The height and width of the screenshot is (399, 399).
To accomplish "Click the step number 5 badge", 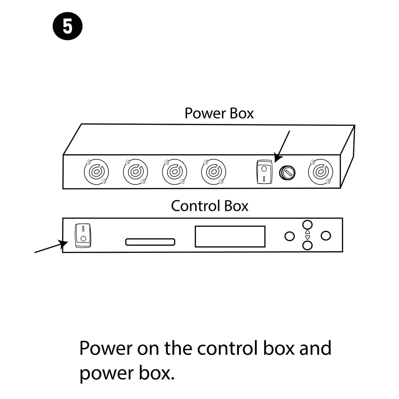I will (68, 26).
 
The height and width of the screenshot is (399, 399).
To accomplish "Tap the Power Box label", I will (219, 113).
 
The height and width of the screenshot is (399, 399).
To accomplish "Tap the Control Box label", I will (209, 206).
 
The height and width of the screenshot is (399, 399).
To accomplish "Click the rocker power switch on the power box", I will (264, 172).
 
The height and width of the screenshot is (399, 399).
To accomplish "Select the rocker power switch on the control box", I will (83, 235).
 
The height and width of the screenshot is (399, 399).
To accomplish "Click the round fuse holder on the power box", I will (287, 172).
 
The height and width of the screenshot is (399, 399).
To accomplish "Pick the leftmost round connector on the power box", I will (96, 172).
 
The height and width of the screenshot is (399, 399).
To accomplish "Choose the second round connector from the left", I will (135, 172).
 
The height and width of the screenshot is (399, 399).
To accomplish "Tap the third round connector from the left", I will (174, 172).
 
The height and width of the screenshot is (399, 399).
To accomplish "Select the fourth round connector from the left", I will (213, 172).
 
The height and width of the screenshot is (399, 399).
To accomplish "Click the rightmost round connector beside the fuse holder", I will (321, 172).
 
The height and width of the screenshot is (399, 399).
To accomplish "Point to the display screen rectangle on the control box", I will (230, 236).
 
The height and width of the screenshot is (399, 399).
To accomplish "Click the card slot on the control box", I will (150, 242).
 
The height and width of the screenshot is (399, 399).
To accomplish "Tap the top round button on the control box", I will (307, 225).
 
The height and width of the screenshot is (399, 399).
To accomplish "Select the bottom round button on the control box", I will (307, 245).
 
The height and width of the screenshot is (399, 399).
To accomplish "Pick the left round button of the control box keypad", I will (290, 236).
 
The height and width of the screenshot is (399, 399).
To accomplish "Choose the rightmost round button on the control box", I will (325, 236).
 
